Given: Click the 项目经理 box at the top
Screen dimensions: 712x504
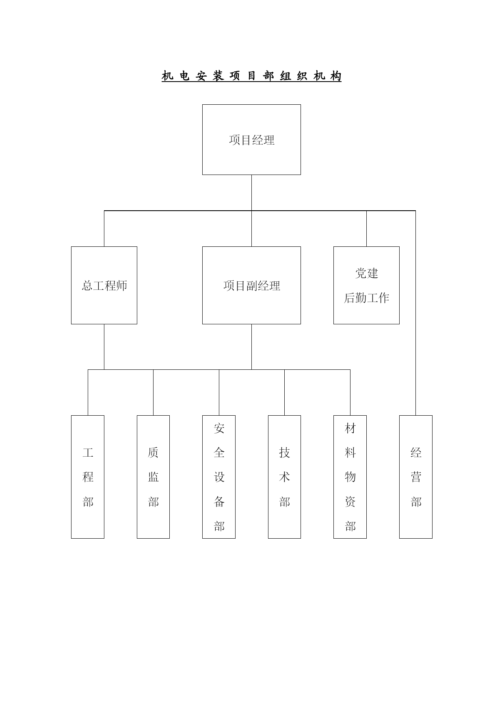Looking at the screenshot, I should point(251,140).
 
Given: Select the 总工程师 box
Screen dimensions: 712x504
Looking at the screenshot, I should point(104,285).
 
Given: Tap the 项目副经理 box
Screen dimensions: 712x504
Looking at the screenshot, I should point(251,285).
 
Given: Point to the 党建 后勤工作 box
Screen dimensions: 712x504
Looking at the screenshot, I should point(366,285).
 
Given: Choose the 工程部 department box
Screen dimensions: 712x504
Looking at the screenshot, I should point(88,477).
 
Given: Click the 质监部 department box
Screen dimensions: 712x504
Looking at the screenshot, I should point(153,477).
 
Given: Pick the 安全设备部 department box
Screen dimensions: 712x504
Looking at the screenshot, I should point(219,477).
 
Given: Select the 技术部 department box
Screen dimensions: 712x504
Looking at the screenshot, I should point(284,477).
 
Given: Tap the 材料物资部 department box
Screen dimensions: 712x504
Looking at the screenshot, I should point(350,477).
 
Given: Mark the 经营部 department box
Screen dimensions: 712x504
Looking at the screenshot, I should point(416,477).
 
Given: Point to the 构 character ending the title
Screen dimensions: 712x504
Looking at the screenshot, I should point(336,76).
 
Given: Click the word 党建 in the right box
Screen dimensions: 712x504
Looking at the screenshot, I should point(367,273).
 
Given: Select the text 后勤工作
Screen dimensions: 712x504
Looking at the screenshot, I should point(367,298).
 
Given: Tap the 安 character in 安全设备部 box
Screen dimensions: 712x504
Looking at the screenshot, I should point(219,428).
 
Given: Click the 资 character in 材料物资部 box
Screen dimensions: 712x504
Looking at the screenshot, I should point(350,502).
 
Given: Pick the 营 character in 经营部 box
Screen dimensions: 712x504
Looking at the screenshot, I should point(416,477).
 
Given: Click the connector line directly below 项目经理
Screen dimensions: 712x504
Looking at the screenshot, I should point(251,193).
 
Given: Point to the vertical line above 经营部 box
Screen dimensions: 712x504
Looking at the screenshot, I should point(415,313).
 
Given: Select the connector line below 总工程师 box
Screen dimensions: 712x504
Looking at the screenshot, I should point(104,347).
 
